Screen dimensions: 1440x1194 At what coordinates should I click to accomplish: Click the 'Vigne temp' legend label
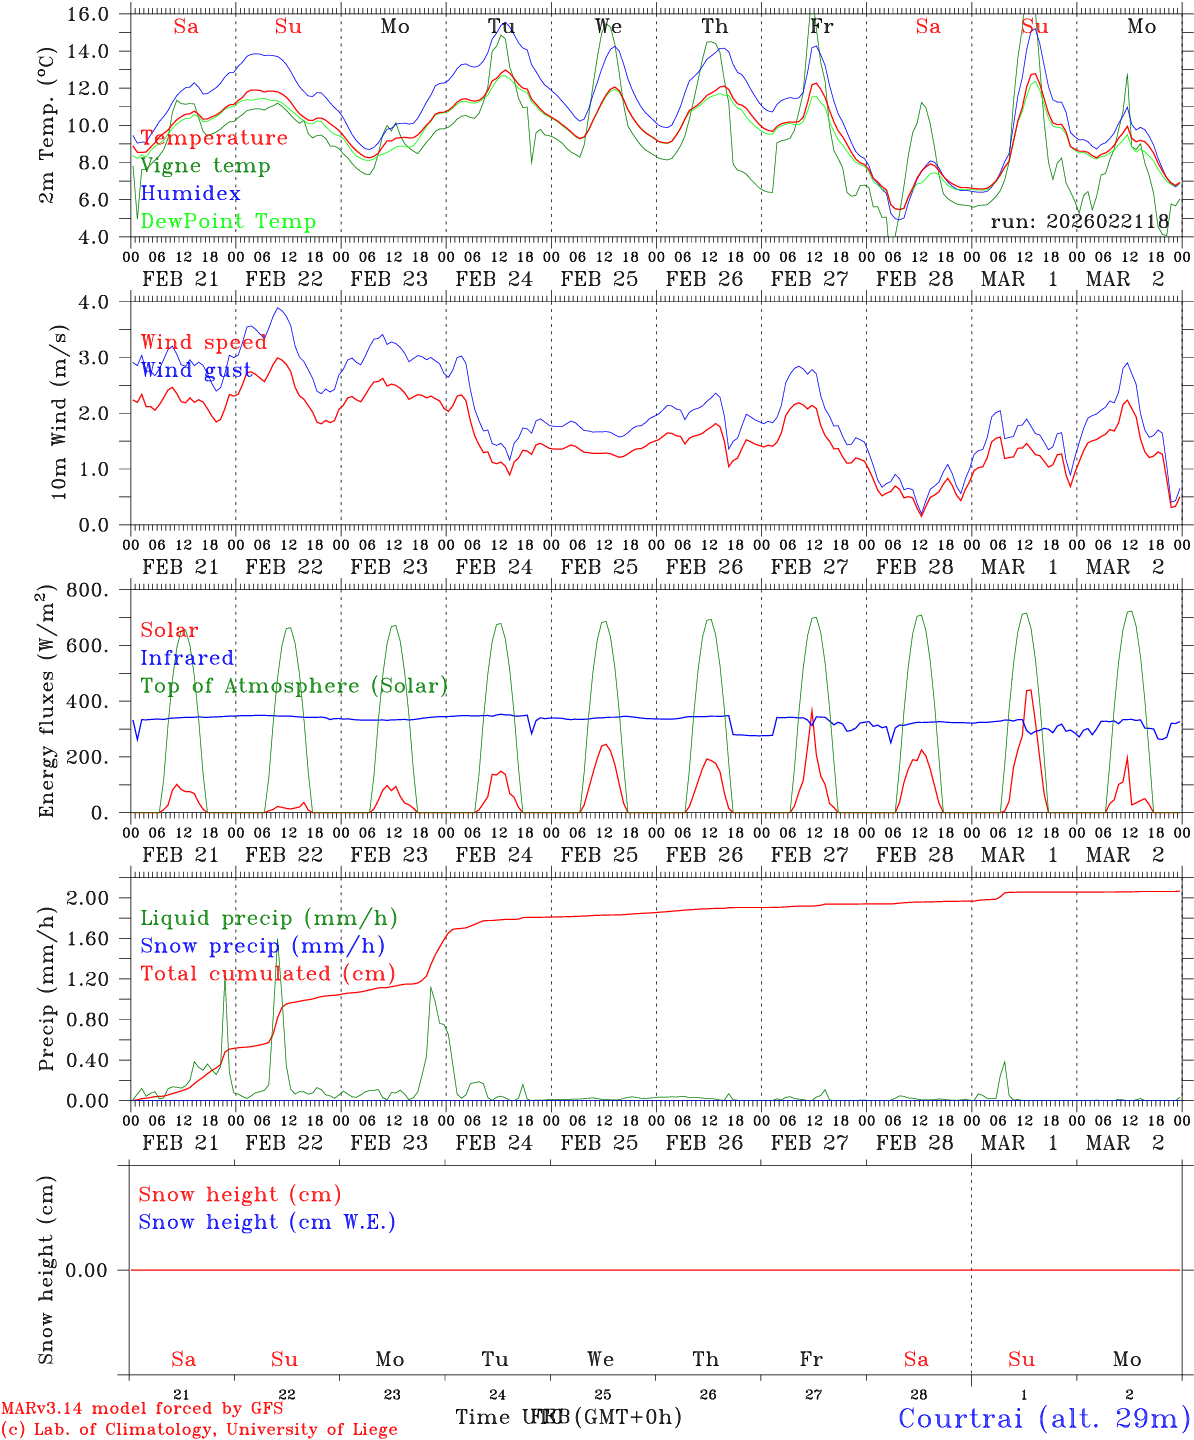205,166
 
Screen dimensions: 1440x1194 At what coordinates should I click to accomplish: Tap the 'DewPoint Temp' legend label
228,222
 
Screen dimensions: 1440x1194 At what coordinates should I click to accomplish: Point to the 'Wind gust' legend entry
196,370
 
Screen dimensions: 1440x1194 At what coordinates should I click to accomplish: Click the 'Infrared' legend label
187,658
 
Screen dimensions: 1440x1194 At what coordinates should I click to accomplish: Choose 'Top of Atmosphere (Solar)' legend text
294,686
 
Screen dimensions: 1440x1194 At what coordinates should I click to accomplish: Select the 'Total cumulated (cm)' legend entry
267,974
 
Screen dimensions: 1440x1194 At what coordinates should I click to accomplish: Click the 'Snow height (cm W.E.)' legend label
267,1222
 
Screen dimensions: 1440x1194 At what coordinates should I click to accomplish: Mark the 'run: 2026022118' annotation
1079,221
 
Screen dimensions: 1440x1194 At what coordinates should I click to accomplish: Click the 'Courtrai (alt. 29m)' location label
1044,1417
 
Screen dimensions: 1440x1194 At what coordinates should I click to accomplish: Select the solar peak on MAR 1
1028,689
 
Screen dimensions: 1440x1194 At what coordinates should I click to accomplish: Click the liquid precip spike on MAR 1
1004,1062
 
